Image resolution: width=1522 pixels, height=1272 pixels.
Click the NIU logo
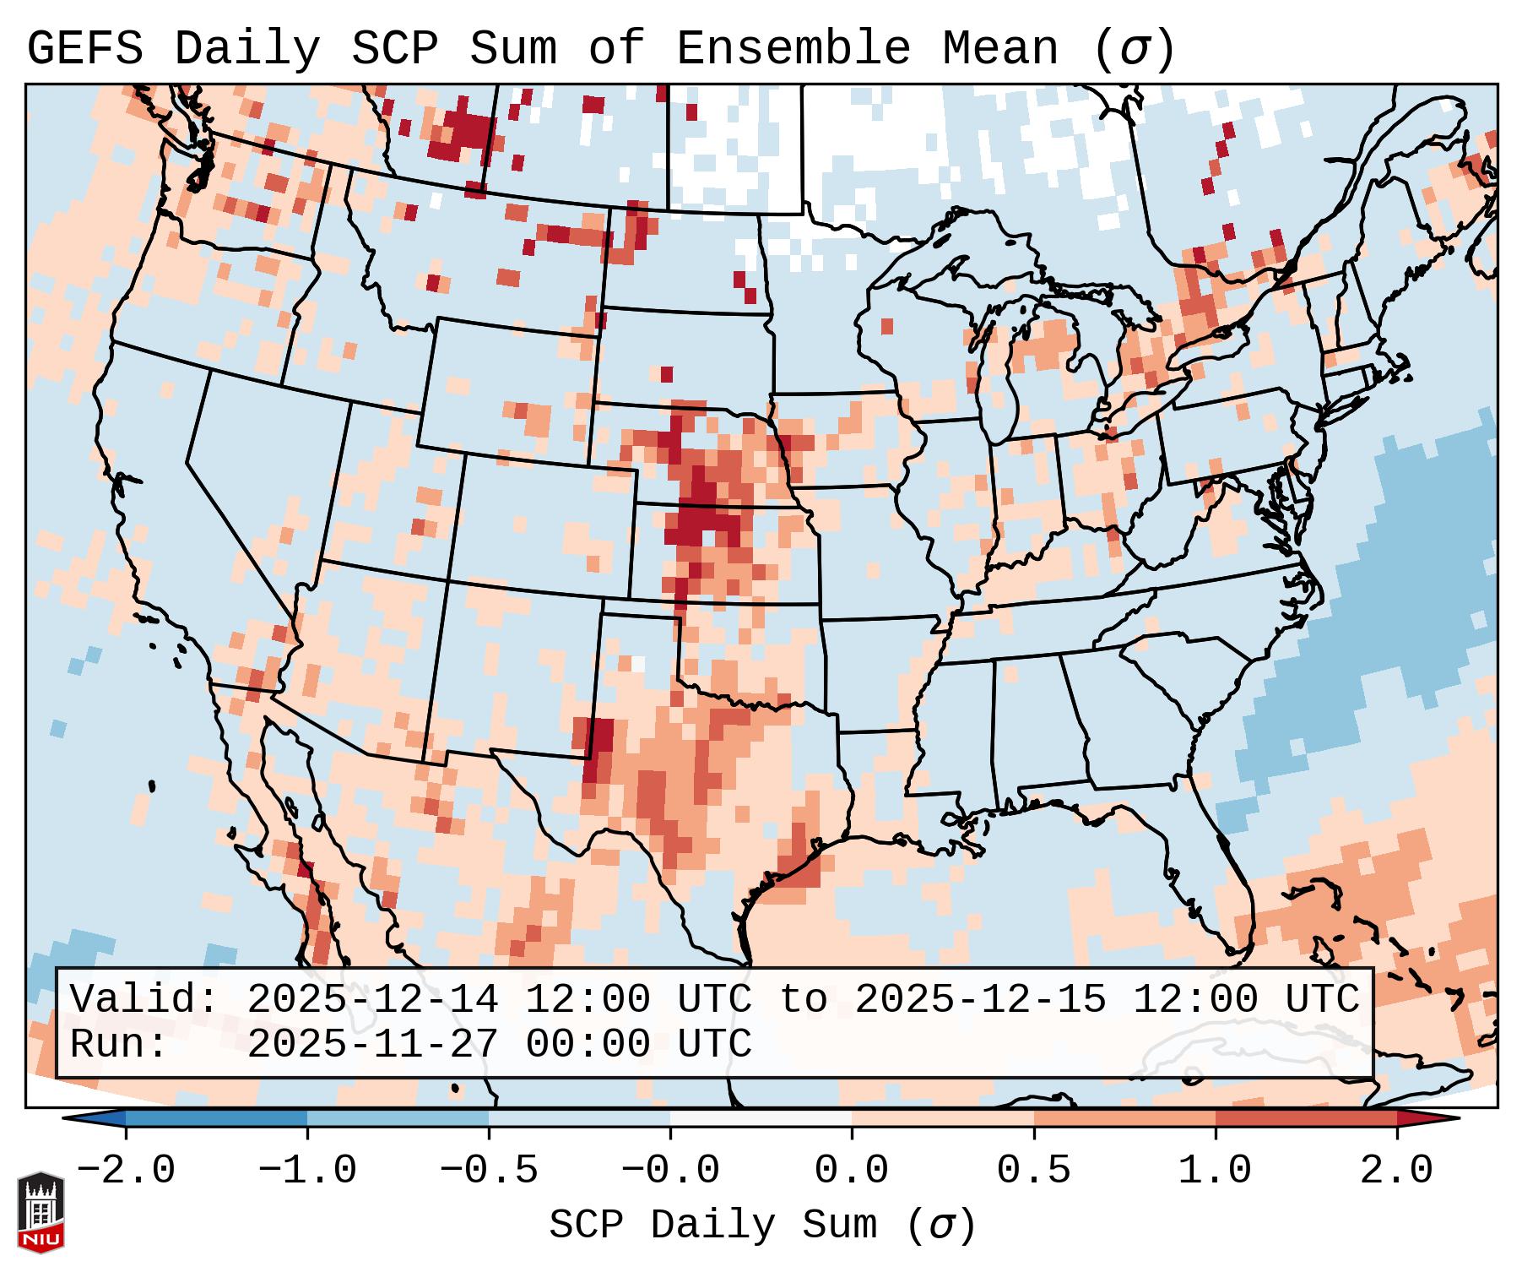[41, 1211]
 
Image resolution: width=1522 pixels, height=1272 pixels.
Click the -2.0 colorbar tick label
[126, 1171]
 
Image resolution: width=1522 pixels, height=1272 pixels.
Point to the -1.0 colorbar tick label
[307, 1171]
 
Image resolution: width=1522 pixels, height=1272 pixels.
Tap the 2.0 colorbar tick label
[1396, 1171]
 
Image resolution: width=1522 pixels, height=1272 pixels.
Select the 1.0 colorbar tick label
[1215, 1171]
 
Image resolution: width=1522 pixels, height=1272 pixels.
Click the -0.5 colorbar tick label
[489, 1171]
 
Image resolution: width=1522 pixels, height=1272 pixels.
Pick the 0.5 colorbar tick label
[1033, 1171]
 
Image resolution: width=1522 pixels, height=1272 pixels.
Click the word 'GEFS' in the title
[85, 49]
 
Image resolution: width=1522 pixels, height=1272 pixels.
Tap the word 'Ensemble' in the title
[793, 49]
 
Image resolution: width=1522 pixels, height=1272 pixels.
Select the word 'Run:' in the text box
[119, 1045]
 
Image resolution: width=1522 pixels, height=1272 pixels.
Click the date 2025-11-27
[372, 1045]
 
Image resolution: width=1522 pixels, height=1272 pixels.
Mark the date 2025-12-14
[372, 1000]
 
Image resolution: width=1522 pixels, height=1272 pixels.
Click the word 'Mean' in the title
[999, 49]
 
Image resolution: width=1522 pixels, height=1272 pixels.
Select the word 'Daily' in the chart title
[247, 49]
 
